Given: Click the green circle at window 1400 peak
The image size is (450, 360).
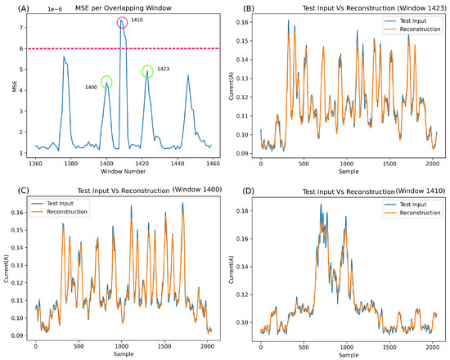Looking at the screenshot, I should point(106,82).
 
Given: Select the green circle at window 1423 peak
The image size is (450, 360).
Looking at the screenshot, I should point(147,72).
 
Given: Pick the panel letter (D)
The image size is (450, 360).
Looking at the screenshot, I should point(238,191).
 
